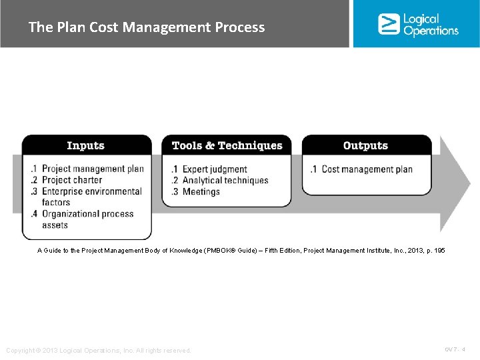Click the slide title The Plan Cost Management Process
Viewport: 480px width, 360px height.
coord(147,27)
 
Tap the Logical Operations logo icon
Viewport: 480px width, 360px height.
coord(388,24)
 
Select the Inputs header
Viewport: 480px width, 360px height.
coord(86,145)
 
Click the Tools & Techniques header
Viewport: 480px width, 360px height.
coord(227,145)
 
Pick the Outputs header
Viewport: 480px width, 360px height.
coord(365,145)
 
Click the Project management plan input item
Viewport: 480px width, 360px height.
coord(92,169)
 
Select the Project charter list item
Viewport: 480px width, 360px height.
coord(71,180)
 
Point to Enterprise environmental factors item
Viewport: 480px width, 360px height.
coord(91,197)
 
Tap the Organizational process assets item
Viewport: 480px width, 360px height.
coord(87,219)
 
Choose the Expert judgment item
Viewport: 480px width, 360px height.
coord(214,169)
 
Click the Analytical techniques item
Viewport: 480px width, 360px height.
coord(225,180)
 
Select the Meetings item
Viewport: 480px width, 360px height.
coord(201,191)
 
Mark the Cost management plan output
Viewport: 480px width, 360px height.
coord(366,169)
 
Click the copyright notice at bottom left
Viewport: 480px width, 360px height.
coord(99,350)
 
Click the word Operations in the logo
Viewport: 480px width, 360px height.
coord(431,31)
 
